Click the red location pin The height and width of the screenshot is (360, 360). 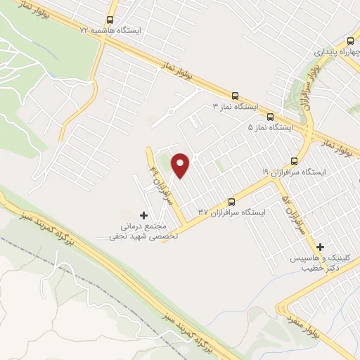pos(181,165)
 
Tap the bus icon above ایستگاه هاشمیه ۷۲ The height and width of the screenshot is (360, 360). pos(110,20)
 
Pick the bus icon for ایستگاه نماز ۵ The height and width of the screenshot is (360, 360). pos(271,117)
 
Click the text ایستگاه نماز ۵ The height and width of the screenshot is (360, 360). pos(271,128)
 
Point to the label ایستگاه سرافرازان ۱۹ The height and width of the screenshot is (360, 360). pos(296,172)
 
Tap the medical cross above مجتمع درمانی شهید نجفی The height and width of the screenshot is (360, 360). pos(144,215)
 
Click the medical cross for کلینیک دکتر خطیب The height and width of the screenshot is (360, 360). pos(321,247)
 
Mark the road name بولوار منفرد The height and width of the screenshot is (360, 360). pos(303,310)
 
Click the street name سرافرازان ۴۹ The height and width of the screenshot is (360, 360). pos(155,180)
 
